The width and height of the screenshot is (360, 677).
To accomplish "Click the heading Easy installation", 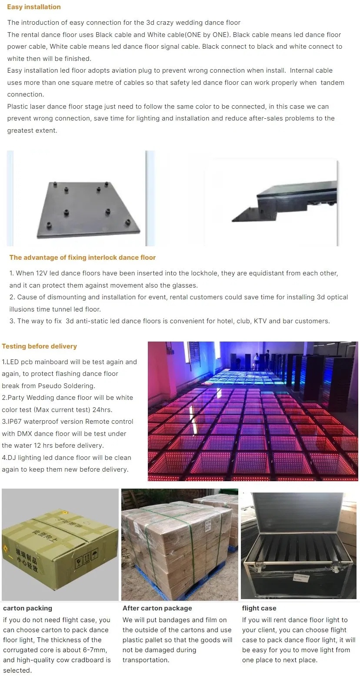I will click(34, 7).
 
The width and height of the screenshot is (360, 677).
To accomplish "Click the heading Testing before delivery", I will click(39, 346).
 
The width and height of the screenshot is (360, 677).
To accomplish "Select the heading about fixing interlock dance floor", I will click(83, 258).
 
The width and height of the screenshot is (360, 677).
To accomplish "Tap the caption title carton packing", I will click(27, 608).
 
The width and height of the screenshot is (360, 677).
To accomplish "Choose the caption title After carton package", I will click(157, 608).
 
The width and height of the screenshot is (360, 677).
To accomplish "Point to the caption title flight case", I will click(259, 608).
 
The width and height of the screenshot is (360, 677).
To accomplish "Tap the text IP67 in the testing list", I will click(14, 422).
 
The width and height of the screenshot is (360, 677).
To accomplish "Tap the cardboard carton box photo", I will click(60, 544).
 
